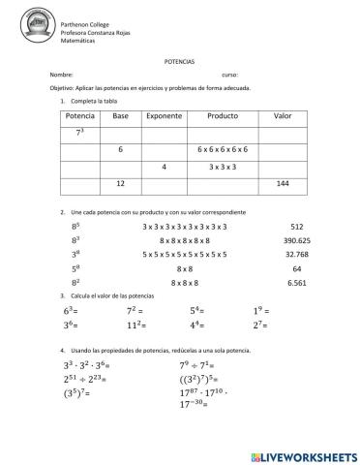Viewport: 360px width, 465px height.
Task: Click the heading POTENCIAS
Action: coord(179,58)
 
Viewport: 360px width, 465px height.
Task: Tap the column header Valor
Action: coord(283,115)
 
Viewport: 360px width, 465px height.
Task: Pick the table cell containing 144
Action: coord(283,183)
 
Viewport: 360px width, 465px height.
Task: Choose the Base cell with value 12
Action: coord(120,183)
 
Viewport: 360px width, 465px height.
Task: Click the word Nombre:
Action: coord(60,74)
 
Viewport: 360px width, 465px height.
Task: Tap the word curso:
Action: coord(229,74)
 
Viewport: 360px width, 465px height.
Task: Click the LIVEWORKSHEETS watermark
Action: coord(303,454)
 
